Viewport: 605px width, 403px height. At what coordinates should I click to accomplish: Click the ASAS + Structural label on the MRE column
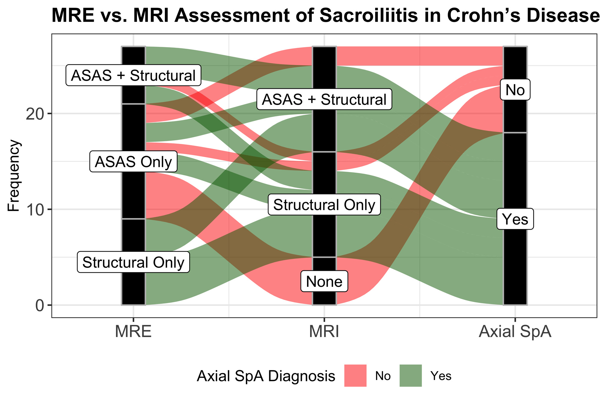point(133,76)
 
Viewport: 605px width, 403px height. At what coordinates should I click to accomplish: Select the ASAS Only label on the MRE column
point(133,162)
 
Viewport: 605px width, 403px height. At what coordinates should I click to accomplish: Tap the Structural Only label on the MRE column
point(133,262)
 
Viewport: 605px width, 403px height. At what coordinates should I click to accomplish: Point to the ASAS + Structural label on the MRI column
point(324,99)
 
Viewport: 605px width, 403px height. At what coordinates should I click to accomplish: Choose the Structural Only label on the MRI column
point(324,205)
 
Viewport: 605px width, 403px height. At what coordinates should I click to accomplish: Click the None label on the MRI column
point(324,282)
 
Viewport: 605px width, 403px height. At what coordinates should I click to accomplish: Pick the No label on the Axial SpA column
point(515,90)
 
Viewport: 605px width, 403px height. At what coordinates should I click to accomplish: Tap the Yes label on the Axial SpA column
point(515,219)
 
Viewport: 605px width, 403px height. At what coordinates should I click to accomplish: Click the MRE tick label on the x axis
point(133,332)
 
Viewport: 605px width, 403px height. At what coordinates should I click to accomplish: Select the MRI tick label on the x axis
point(324,332)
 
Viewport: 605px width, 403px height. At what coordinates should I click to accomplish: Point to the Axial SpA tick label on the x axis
point(515,332)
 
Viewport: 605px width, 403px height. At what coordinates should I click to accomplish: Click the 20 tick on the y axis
point(35,114)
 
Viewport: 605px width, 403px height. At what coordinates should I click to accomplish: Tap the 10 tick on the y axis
point(35,210)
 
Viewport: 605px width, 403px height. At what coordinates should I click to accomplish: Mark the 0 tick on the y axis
point(40,305)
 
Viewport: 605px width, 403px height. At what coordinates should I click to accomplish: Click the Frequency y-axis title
point(14,176)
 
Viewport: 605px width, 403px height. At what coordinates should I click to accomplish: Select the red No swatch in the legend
point(355,376)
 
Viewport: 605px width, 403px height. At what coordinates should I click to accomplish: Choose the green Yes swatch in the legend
point(410,376)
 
